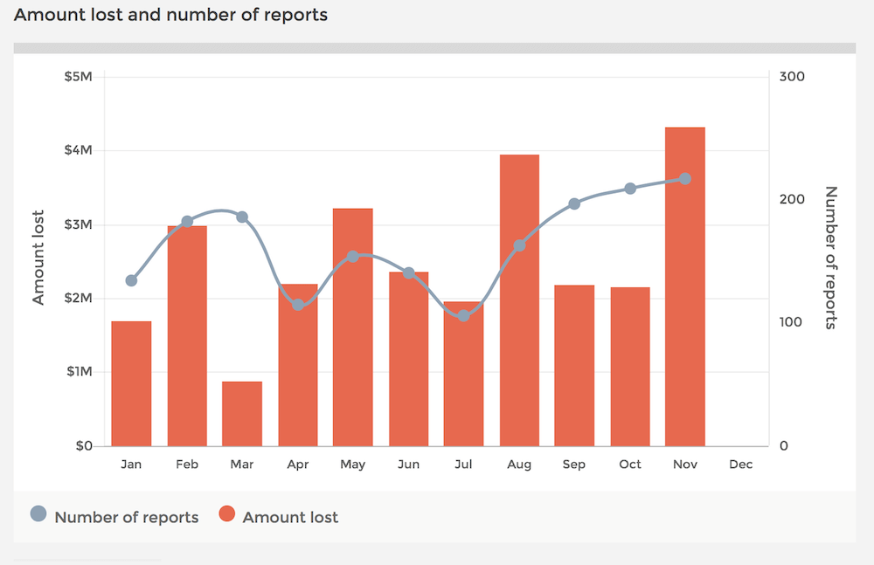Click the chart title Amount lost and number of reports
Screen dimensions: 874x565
(x=170, y=15)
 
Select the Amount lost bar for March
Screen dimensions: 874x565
(x=242, y=413)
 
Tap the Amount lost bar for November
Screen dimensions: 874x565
(x=685, y=286)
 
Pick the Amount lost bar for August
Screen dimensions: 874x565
(x=519, y=300)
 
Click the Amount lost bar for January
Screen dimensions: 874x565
(x=132, y=383)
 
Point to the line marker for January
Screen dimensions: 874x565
(x=132, y=280)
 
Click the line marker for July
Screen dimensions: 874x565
(x=464, y=316)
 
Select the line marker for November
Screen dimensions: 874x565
(x=685, y=179)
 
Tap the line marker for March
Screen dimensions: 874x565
(x=242, y=217)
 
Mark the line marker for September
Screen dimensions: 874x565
(x=574, y=204)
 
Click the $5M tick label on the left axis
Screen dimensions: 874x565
(x=78, y=77)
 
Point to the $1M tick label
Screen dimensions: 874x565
(x=80, y=372)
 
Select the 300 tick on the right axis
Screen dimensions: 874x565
(x=792, y=77)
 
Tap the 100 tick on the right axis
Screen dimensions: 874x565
(x=790, y=322)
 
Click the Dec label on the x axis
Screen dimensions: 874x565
(x=741, y=465)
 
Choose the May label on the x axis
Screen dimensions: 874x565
(x=353, y=465)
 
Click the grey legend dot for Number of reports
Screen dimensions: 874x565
(x=38, y=513)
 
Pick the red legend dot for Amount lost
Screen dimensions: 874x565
(x=227, y=513)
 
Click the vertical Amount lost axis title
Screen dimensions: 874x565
(x=38, y=258)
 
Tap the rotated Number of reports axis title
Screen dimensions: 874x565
(x=830, y=258)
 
